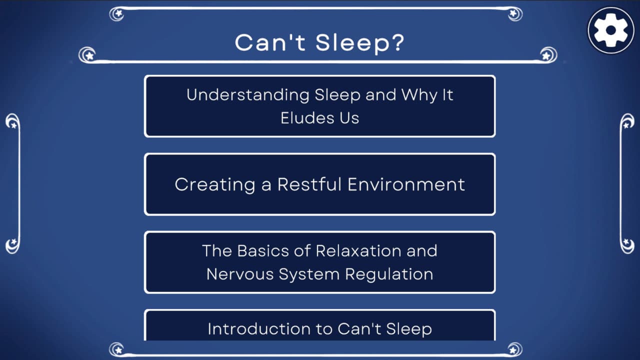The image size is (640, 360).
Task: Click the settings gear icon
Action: tap(610, 30)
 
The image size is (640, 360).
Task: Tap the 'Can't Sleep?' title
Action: tap(319, 43)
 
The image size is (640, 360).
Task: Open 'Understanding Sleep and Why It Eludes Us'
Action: tap(319, 106)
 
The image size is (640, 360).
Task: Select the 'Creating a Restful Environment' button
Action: tap(319, 184)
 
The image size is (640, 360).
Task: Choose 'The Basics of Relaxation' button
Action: tap(319, 262)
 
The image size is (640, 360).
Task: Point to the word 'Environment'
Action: tap(406, 184)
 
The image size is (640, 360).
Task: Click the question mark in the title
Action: tap(397, 43)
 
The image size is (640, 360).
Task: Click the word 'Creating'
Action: tap(215, 184)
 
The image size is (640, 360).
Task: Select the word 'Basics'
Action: tap(264, 250)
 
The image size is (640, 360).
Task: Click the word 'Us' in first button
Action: tap(348, 118)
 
